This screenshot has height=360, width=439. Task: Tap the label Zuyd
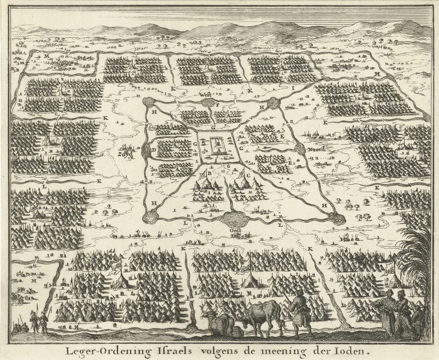(124, 154)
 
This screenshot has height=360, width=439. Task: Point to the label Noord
(316, 149)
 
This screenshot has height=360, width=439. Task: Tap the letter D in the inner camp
(154, 150)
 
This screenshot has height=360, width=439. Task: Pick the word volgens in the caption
(219, 351)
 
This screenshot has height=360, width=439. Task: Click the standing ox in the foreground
(262, 314)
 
